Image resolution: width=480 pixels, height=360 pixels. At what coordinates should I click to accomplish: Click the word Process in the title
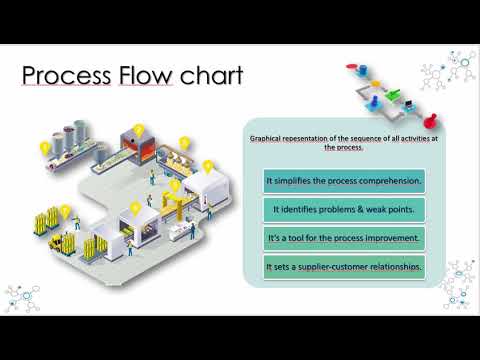click(x=66, y=75)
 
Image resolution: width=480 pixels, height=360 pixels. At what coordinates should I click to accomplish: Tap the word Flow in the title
click(x=146, y=75)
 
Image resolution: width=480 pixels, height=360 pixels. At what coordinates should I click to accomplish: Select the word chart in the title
click(x=212, y=75)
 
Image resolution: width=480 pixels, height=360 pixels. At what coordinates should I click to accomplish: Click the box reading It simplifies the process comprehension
click(x=344, y=181)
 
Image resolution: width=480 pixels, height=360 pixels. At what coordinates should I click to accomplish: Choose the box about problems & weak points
click(x=344, y=210)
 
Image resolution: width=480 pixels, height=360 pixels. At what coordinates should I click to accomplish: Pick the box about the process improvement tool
click(x=344, y=238)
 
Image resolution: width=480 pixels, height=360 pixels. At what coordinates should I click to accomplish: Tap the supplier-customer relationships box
click(x=344, y=267)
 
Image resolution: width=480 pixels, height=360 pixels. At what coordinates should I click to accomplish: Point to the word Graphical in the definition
click(x=265, y=139)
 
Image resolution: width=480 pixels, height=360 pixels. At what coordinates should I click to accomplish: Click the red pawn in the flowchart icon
click(x=431, y=120)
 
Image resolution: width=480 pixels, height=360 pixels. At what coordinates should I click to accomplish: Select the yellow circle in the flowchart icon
click(x=376, y=83)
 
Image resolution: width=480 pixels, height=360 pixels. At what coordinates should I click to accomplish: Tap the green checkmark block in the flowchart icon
click(x=393, y=94)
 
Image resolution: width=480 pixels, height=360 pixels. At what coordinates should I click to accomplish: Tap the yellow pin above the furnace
click(x=139, y=131)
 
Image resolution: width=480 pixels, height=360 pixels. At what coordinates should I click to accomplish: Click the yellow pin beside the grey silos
click(x=45, y=148)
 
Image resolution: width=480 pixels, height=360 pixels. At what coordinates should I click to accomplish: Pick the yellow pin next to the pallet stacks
click(x=65, y=212)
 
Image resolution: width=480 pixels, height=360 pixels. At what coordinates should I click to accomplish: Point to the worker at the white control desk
click(x=192, y=231)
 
